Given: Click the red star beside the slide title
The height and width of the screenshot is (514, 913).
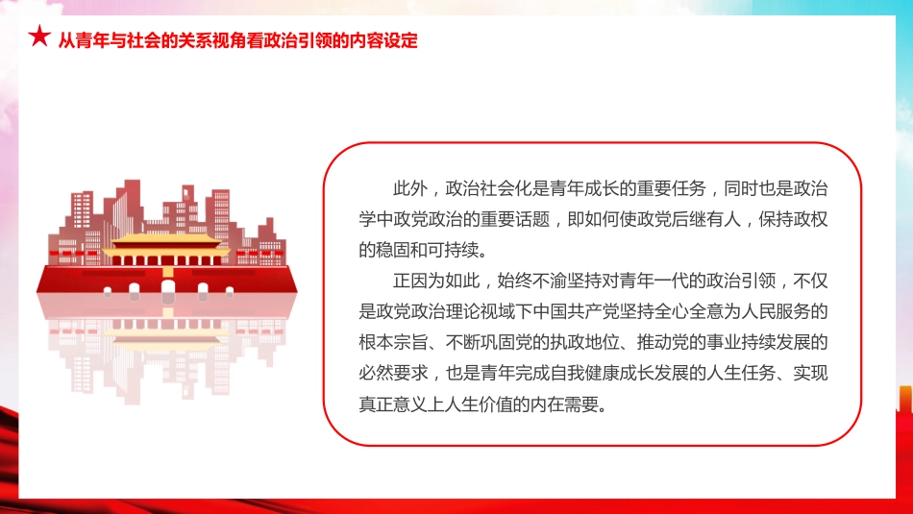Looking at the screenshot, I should pyautogui.click(x=39, y=38).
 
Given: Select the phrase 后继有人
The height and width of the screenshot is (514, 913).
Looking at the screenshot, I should pyautogui.click(x=701, y=218).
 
